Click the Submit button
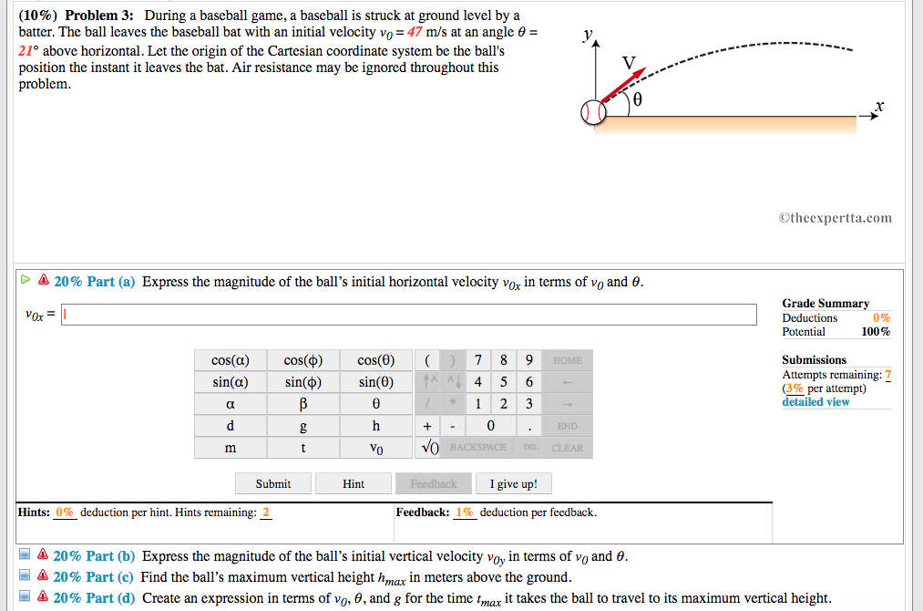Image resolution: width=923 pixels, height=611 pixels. [273, 483]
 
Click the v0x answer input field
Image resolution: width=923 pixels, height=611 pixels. [409, 315]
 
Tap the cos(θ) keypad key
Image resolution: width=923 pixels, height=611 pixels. [375, 360]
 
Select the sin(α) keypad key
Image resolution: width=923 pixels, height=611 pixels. [230, 382]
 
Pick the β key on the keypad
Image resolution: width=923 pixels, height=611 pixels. [303, 404]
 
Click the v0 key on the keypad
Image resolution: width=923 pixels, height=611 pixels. [375, 448]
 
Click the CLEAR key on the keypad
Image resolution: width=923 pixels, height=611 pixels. [567, 448]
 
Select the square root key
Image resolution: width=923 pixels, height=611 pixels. [429, 448]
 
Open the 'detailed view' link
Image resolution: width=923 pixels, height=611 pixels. [815, 401]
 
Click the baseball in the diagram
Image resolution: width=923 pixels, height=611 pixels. [593, 112]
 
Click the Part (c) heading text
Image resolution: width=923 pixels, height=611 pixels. [93, 577]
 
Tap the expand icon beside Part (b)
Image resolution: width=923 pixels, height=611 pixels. [25, 556]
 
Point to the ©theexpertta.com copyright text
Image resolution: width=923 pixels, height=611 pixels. [835, 218]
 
